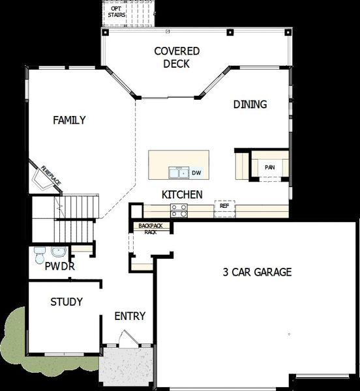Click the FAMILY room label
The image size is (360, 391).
point(70,120)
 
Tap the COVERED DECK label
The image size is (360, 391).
point(176,57)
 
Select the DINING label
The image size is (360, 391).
point(250,104)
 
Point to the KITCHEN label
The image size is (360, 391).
point(182,194)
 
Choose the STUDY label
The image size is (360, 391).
point(67,302)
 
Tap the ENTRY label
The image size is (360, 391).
point(130,317)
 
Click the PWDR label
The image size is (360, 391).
point(60,266)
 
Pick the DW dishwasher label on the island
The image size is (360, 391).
point(197,173)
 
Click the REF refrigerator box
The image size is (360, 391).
point(224,206)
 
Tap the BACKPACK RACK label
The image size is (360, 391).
point(151,228)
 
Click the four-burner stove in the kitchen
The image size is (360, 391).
point(179,209)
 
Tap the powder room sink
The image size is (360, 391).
point(57,252)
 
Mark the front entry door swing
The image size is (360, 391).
point(128,340)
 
